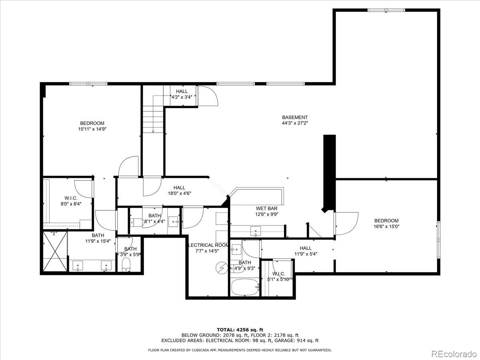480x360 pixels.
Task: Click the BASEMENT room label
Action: tap(295, 117)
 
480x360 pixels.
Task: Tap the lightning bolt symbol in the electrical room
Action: tap(221, 267)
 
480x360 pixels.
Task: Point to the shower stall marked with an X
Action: tap(54, 252)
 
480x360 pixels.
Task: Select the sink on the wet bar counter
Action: tap(255, 231)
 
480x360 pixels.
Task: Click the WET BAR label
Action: tap(267, 208)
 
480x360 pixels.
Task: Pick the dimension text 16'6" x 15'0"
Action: tap(386, 226)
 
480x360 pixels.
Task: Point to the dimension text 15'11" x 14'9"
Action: tap(92, 129)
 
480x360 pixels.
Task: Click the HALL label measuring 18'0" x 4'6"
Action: tap(179, 188)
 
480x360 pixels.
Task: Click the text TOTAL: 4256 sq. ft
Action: tap(240, 330)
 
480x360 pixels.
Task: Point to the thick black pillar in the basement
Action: tap(329, 172)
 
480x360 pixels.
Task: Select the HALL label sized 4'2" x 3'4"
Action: tap(182, 91)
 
